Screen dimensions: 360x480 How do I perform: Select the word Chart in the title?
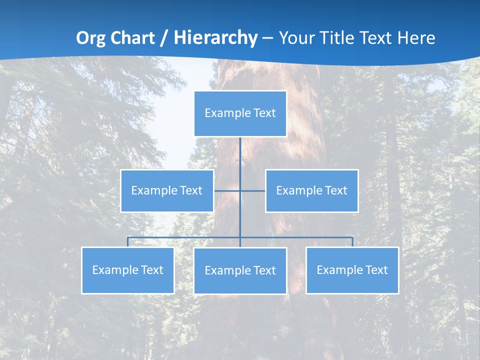[x=132, y=38]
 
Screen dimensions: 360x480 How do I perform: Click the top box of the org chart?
[x=240, y=113]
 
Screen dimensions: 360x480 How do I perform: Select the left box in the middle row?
[x=167, y=190]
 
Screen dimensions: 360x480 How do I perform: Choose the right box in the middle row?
[x=311, y=190]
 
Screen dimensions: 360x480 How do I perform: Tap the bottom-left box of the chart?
[x=127, y=270]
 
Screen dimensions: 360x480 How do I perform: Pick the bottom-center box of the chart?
[x=240, y=270]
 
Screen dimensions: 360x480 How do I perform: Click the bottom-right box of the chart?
[x=352, y=270]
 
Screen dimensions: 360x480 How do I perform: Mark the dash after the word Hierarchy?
[x=267, y=38]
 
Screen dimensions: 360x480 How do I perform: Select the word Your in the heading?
[x=293, y=38]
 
